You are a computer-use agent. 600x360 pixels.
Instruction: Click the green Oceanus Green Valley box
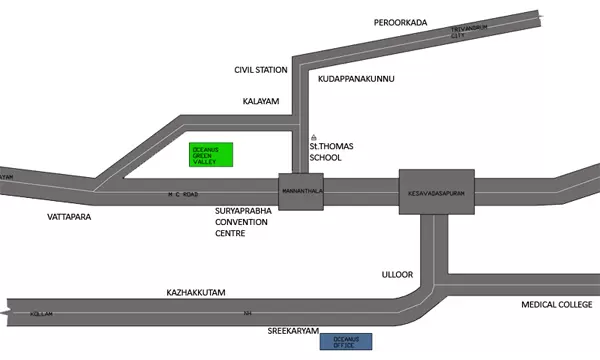point(211,155)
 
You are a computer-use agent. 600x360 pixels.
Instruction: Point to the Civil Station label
point(261,71)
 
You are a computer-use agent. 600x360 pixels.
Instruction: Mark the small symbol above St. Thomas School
point(314,137)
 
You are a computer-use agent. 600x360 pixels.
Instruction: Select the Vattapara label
point(69,216)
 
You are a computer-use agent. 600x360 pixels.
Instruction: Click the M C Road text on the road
point(181,193)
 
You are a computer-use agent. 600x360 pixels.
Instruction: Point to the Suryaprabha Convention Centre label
point(243,223)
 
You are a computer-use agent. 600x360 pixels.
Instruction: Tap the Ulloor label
point(397,272)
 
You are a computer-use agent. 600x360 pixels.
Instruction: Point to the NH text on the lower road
point(246,313)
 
